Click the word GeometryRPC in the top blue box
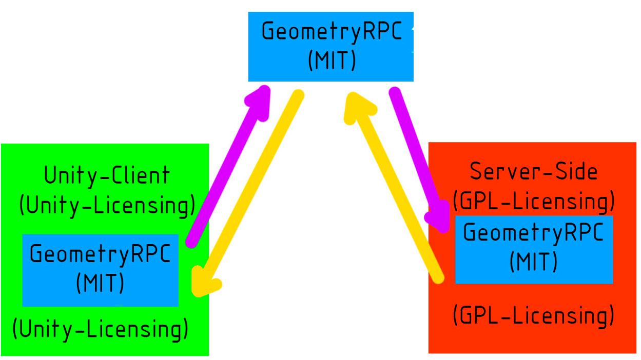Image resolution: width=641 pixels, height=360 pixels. tap(332, 32)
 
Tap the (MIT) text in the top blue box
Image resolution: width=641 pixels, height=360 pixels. tap(332, 61)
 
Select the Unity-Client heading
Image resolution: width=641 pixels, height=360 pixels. tap(107, 176)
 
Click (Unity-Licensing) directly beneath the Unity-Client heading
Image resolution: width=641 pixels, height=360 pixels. tap(107, 205)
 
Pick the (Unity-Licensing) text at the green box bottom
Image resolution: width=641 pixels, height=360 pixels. tap(100, 329)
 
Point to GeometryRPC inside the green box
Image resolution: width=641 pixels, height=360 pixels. tap(100, 254)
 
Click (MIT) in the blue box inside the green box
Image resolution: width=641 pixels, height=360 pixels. tap(100, 283)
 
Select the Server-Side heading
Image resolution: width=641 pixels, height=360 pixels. tap(534, 171)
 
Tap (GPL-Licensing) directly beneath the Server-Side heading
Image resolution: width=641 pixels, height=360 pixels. tap(534, 201)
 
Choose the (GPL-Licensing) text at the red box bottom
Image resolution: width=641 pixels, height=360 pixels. tap(534, 315)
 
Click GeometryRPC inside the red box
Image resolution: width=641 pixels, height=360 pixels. tap(534, 233)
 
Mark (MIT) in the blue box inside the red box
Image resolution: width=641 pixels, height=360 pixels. tap(534, 262)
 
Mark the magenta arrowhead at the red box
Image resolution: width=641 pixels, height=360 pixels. tap(439, 218)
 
